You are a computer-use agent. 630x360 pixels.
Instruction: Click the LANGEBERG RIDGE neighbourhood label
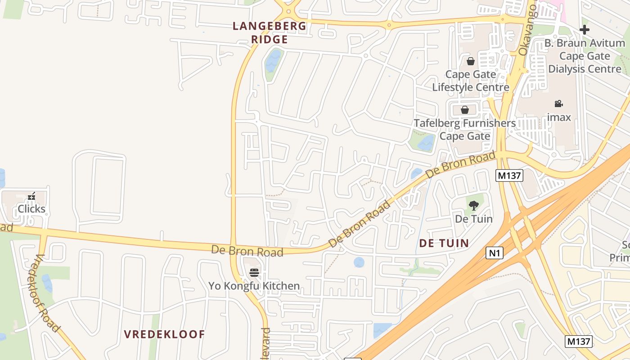click(269, 33)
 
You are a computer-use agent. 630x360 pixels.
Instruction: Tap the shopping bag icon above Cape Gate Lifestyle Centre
click(470, 61)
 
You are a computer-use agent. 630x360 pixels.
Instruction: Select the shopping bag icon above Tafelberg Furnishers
click(465, 110)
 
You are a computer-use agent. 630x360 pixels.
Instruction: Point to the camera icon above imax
click(558, 104)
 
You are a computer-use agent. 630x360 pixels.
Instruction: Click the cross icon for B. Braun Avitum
click(584, 30)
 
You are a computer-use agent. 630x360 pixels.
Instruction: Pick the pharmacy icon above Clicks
click(31, 196)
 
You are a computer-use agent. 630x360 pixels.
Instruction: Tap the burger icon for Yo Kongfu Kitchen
click(254, 272)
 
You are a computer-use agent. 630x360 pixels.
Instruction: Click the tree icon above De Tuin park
click(473, 206)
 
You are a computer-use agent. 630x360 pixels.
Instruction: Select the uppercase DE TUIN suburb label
click(444, 243)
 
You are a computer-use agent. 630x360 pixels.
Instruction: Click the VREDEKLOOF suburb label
click(164, 334)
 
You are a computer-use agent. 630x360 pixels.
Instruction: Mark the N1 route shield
click(494, 253)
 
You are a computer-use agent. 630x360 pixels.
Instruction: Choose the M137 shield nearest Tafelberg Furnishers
click(509, 175)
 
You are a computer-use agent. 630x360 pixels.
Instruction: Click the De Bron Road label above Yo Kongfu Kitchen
click(247, 251)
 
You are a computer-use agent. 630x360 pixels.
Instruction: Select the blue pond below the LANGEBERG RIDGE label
click(273, 61)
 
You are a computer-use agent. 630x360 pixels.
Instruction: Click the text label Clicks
click(31, 209)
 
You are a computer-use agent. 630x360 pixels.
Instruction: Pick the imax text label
click(559, 117)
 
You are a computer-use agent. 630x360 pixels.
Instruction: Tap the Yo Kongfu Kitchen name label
click(254, 286)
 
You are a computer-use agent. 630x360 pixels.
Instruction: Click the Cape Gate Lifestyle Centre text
click(471, 81)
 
